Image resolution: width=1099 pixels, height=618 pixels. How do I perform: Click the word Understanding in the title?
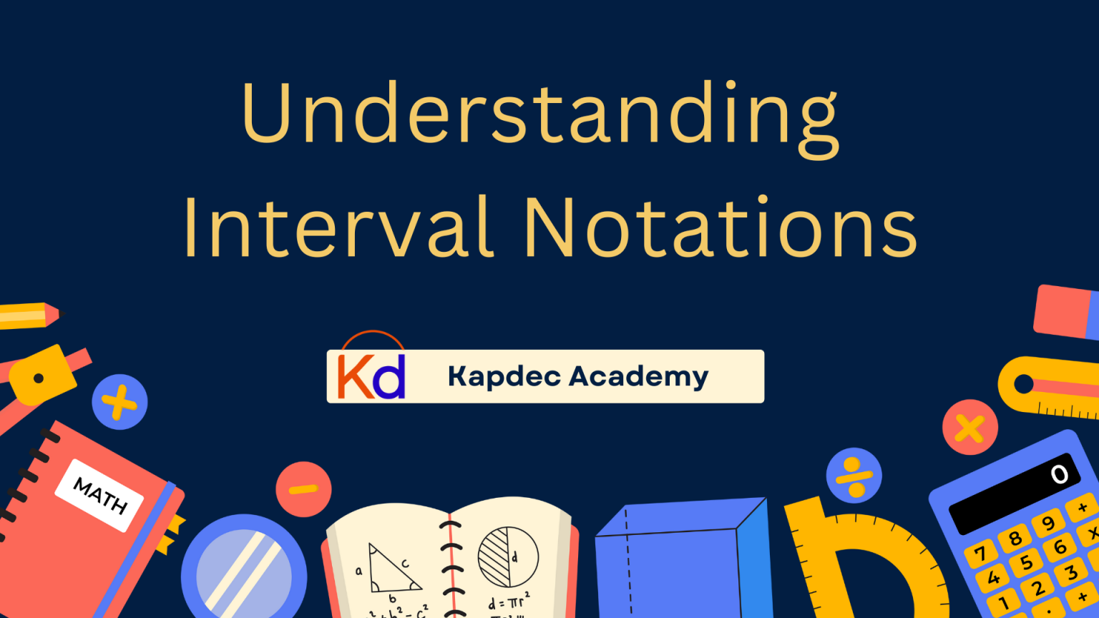tap(540, 114)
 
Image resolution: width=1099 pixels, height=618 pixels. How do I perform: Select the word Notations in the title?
tap(721, 227)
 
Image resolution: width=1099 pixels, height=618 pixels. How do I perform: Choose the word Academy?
tap(639, 376)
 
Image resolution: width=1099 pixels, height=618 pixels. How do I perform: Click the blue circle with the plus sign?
tap(119, 402)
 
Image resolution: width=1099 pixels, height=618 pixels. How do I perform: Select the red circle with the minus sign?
tap(303, 489)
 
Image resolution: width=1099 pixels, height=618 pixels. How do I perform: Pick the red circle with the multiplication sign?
tap(969, 428)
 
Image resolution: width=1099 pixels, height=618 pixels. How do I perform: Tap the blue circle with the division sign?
tap(854, 476)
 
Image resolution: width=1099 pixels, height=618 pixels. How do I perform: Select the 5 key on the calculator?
tap(1026, 562)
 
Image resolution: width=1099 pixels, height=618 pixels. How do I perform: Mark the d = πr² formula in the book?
tap(509, 602)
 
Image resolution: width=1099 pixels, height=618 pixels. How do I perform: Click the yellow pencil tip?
tap(52, 314)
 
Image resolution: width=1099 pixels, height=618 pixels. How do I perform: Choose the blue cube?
tap(680, 561)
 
